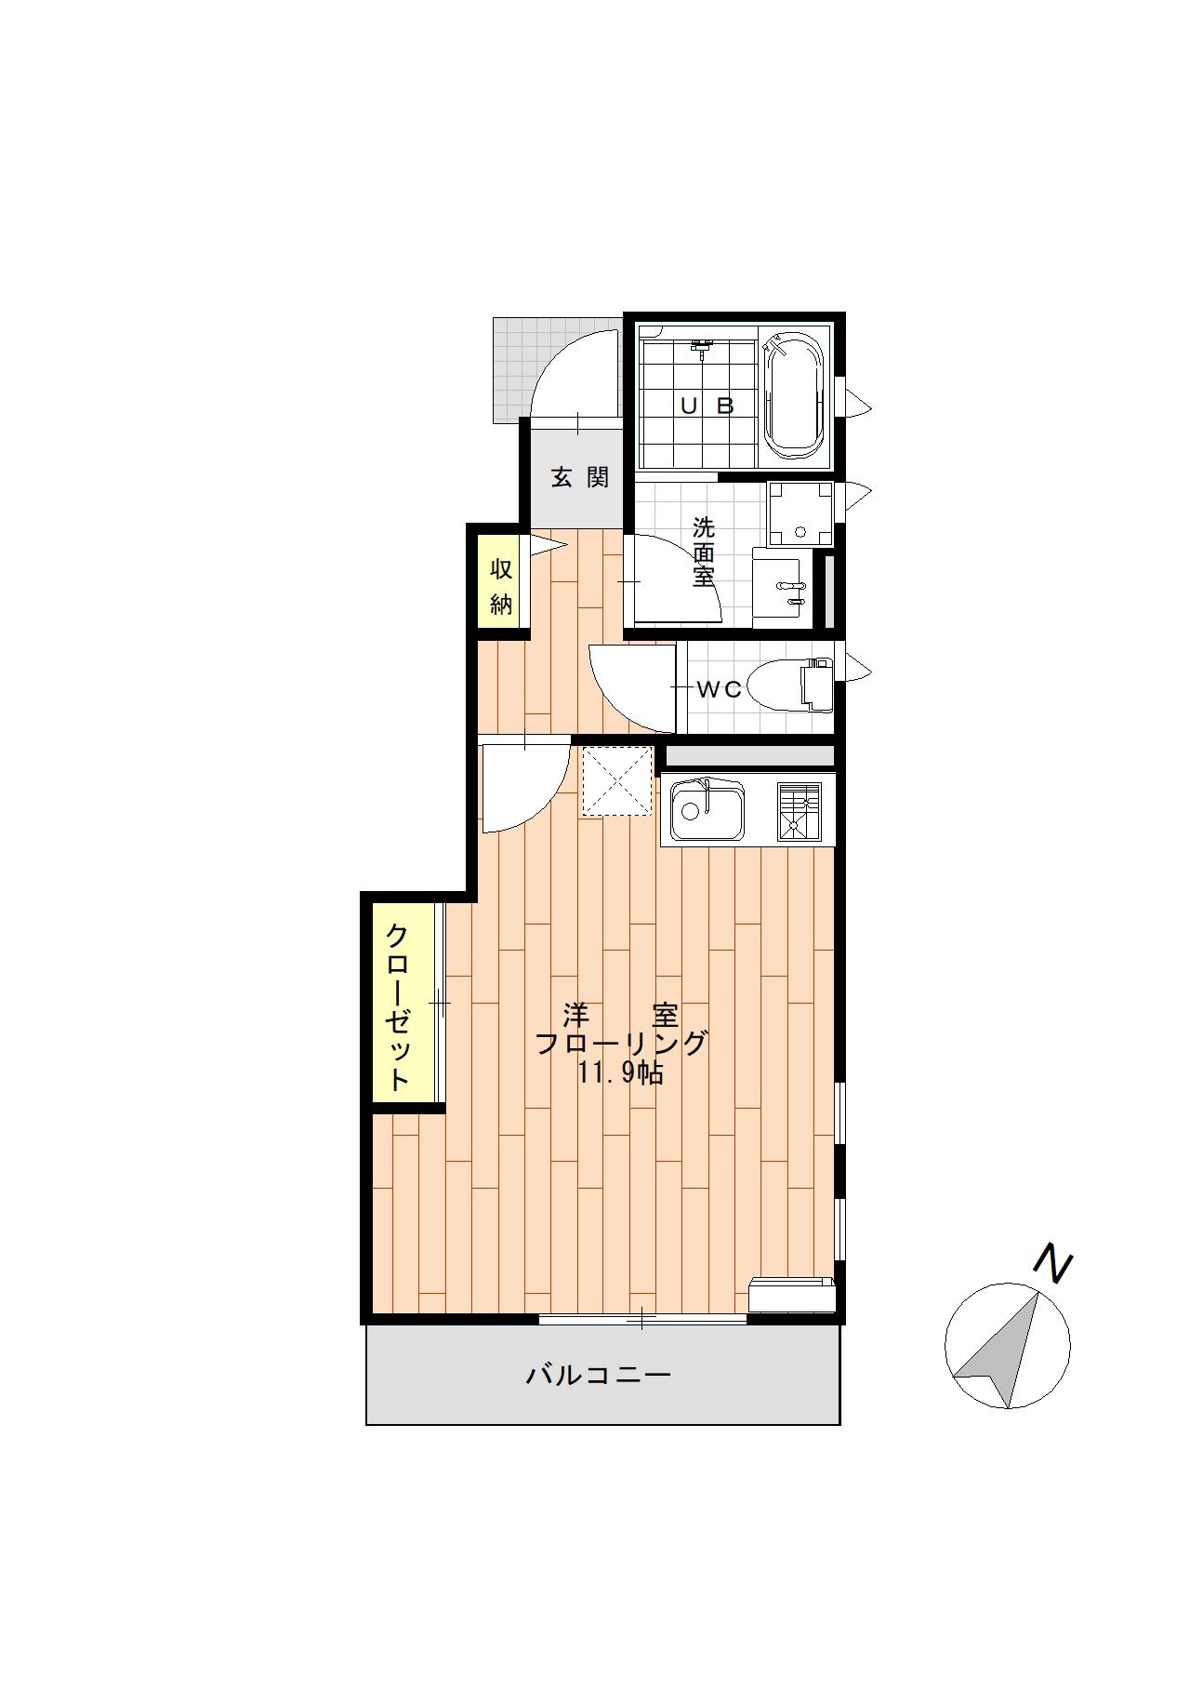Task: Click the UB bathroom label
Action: [707, 406]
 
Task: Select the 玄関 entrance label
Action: [580, 477]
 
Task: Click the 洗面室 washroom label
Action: [704, 552]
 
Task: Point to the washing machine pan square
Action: [800, 511]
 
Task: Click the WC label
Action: [720, 689]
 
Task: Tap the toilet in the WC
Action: [789, 686]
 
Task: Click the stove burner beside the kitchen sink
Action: [800, 811]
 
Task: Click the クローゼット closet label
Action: [398, 1006]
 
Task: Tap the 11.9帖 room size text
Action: [620, 1073]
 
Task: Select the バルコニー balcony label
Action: [599, 1374]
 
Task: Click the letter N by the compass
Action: [1054, 1266]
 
